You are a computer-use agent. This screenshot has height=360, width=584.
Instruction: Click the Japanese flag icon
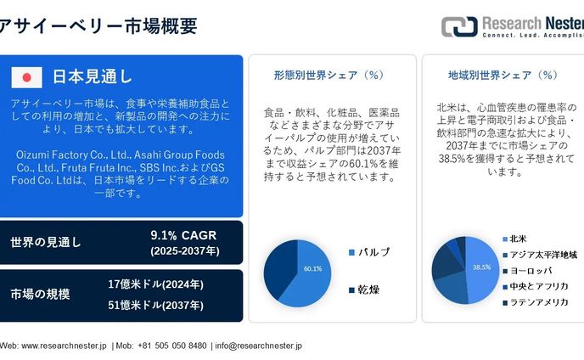point(27,77)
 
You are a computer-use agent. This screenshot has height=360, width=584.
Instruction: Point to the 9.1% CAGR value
point(184,234)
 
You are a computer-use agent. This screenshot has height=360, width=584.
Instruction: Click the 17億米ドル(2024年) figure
point(155,284)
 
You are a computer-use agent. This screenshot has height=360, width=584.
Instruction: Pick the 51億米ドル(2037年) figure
point(155,305)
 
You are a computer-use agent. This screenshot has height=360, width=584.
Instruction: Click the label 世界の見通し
point(46,242)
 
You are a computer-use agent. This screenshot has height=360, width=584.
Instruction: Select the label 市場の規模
point(40,295)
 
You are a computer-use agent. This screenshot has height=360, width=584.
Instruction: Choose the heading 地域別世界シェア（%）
point(503,75)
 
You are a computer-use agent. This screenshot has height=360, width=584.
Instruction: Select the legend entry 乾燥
point(368,290)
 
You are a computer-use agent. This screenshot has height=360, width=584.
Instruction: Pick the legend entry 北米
point(518,239)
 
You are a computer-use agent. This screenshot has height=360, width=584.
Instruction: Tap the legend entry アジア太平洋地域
point(542,254)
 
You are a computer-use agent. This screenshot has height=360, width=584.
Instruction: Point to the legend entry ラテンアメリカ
point(539,301)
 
